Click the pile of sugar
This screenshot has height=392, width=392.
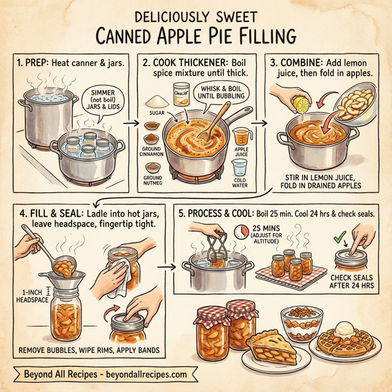pyautogui.click(x=155, y=103)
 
